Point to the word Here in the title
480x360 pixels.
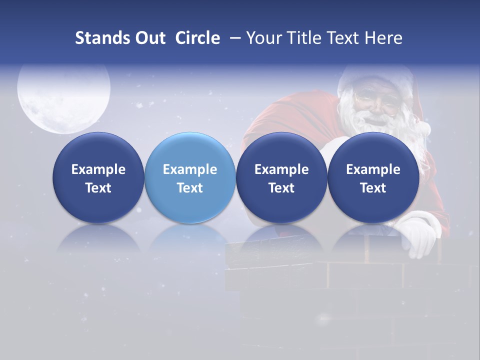[x=384, y=38]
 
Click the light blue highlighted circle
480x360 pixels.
[x=190, y=177]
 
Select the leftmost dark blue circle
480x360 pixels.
[x=98, y=177]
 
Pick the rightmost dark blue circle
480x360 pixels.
[x=373, y=177]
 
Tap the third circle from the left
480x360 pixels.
[x=281, y=177]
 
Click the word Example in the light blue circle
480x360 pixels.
[x=190, y=169]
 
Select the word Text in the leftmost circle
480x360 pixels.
[x=98, y=188]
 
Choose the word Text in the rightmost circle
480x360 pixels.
[x=373, y=188]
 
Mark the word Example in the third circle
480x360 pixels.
[x=281, y=169]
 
